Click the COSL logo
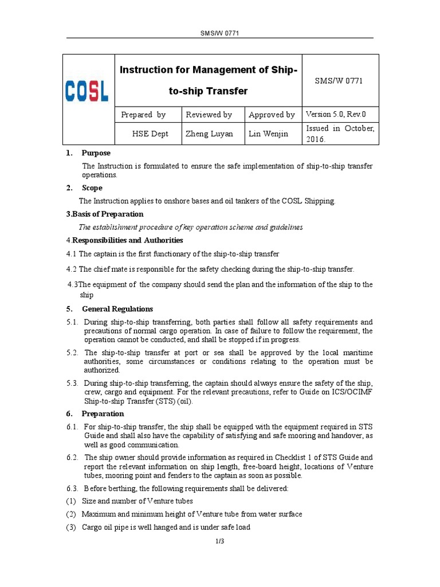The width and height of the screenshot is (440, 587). pyautogui.click(x=87, y=91)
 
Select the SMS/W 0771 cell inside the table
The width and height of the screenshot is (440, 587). pyautogui.click(x=339, y=81)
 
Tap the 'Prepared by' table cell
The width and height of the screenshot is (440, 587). pyautogui.click(x=143, y=115)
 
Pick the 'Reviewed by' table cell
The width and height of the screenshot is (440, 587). pyautogui.click(x=209, y=115)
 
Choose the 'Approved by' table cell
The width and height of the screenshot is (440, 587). pyautogui.click(x=272, y=115)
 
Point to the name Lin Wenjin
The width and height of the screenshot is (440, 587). pyautogui.click(x=268, y=134)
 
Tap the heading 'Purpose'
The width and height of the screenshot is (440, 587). pyautogui.click(x=96, y=153)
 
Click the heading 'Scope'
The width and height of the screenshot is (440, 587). pyautogui.click(x=92, y=187)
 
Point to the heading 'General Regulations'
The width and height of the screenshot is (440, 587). pyautogui.click(x=117, y=309)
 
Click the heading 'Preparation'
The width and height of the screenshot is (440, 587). pyautogui.click(x=103, y=413)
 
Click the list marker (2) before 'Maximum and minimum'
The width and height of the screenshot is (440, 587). pyautogui.click(x=71, y=514)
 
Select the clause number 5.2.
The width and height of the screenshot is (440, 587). pyautogui.click(x=72, y=353)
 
